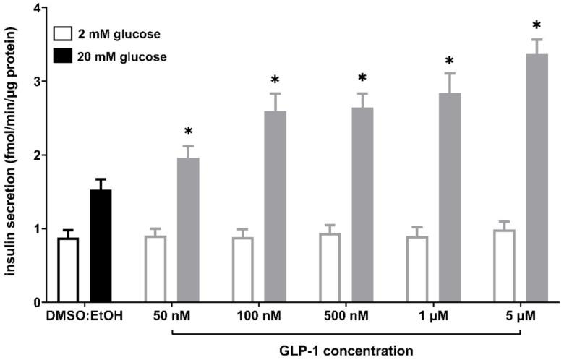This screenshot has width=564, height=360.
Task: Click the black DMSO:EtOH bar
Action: (x=101, y=246)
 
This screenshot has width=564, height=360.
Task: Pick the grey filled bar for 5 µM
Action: (x=537, y=177)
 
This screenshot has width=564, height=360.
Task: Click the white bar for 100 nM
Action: (x=242, y=270)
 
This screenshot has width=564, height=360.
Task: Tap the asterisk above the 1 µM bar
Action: (x=449, y=61)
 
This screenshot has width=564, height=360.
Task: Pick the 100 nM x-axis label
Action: (x=258, y=317)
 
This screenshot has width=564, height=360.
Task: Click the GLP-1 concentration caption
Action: (x=346, y=349)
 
